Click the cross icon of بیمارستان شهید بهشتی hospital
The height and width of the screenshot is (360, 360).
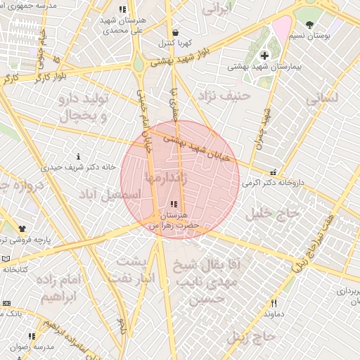click(264, 56)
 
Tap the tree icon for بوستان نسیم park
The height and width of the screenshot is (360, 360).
click(309, 25)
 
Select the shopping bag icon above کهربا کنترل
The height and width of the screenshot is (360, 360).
click(174, 32)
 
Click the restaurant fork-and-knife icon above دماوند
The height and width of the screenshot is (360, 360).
click(274, 303)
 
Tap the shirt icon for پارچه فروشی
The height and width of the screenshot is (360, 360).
click(22, 229)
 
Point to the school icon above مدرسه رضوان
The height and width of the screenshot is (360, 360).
click(32, 336)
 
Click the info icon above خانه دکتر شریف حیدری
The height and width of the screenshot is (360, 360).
click(78, 155)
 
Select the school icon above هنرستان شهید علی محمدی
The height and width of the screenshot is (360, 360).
click(123, 10)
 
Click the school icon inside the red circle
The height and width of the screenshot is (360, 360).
click(174, 204)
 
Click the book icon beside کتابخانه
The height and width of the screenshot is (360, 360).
click(6, 259)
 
